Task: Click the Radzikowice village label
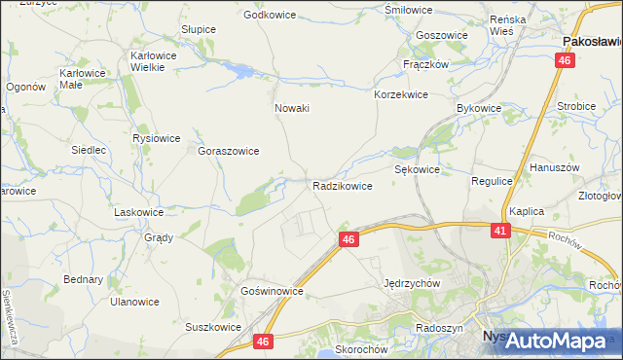tap(342, 186)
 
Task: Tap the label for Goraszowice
tap(228, 152)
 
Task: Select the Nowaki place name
tap(292, 108)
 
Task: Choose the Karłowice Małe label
tap(83, 79)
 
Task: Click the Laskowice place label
tap(138, 211)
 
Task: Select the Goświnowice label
tap(274, 291)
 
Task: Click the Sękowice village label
tap(418, 169)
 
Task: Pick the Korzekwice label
tap(401, 95)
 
